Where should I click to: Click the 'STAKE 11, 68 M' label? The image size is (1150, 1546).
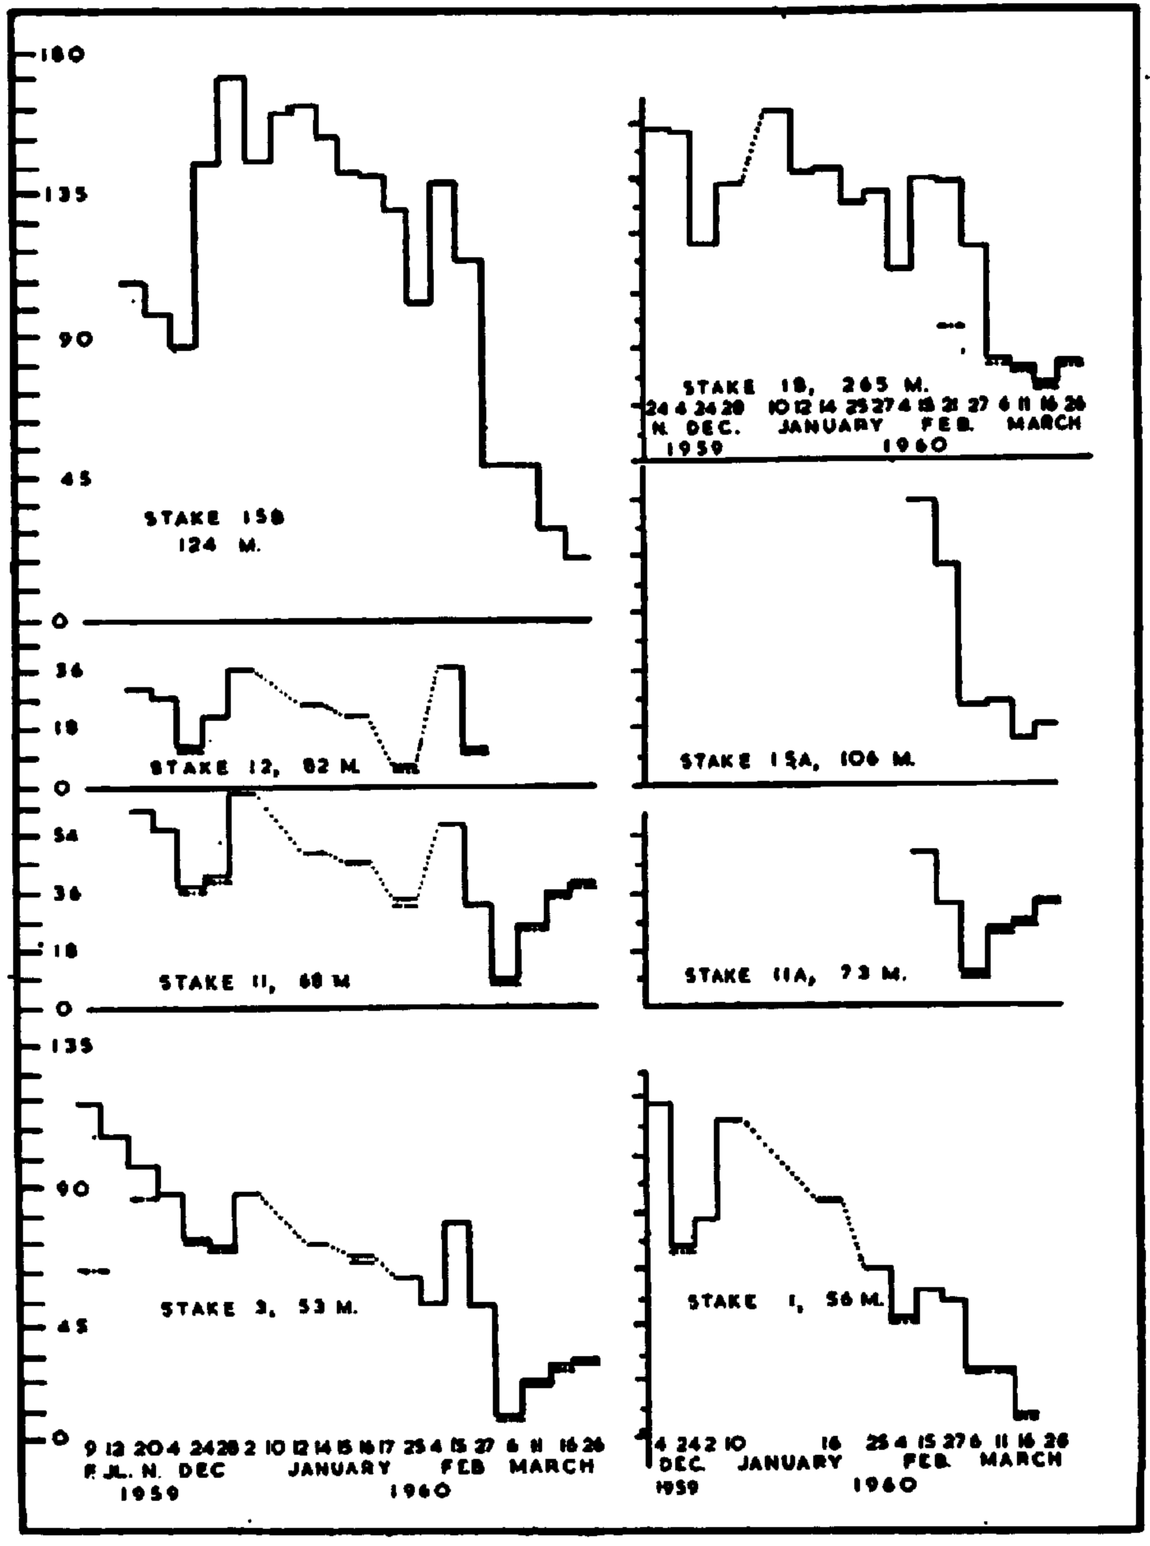pos(255,981)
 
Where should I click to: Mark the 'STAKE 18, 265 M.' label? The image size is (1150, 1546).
pos(804,385)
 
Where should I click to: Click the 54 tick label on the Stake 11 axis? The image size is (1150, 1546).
pos(64,836)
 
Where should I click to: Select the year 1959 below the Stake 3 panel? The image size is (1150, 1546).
pos(149,1493)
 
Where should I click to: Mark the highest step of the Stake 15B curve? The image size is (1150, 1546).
pos(231,77)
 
